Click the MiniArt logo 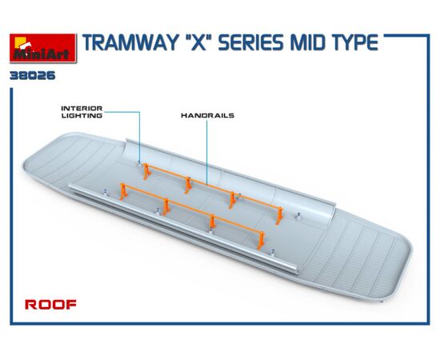(43, 48)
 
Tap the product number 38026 (33, 76)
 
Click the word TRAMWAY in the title (130, 43)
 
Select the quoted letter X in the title (198, 43)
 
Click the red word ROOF (50, 305)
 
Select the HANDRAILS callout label (207, 115)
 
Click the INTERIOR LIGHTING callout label (82, 112)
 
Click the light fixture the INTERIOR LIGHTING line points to (139, 163)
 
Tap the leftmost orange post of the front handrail (123, 191)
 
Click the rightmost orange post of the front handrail (261, 241)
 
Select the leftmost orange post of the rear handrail (146, 171)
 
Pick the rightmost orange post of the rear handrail (279, 215)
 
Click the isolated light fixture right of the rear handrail (298, 215)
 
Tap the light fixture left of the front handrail (106, 192)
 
